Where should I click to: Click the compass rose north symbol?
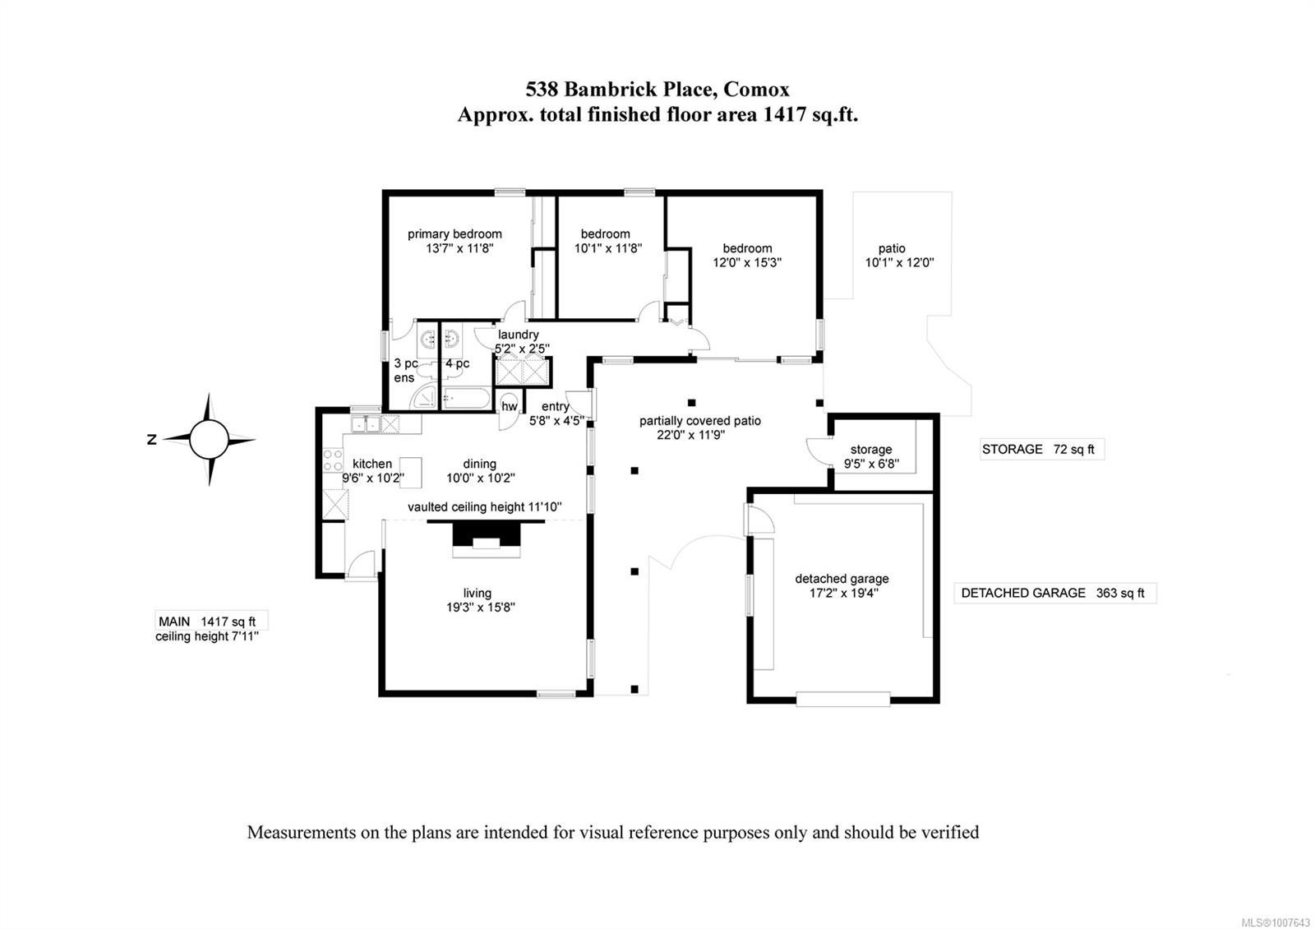coord(151,439)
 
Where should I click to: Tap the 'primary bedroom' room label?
coord(454,233)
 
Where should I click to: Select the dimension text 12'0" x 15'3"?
coord(747,262)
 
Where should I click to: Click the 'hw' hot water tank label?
coord(509,406)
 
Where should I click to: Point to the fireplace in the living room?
coord(486,538)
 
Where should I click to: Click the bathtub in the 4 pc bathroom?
coord(466,398)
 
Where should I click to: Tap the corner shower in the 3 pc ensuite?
coord(424,397)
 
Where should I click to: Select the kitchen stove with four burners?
coord(333,460)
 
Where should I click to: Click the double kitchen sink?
coord(365,423)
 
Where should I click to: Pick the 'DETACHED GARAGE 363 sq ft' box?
coord(1054,593)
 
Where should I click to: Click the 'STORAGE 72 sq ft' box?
coord(1042,449)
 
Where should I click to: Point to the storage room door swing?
coord(819,451)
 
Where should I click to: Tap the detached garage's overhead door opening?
coord(843,699)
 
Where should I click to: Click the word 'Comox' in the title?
coord(756,90)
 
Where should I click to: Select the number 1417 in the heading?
coord(784,114)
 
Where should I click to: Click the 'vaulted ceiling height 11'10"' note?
coord(484,506)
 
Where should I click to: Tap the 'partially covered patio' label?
coord(699,420)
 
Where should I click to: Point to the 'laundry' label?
coord(519,334)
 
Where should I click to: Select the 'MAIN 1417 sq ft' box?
coord(210,622)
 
